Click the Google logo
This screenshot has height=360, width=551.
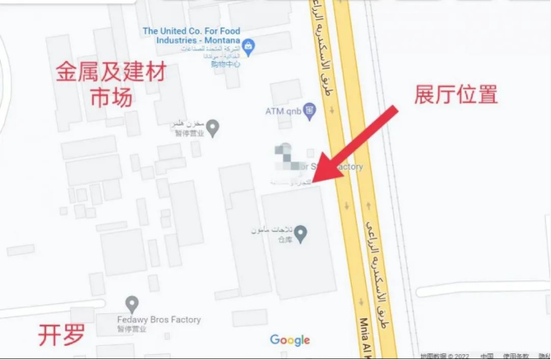point(290,340)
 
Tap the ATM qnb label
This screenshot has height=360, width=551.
point(283,111)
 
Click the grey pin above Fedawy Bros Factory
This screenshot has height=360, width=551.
point(131,303)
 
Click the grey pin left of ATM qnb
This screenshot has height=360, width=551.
point(213,127)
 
